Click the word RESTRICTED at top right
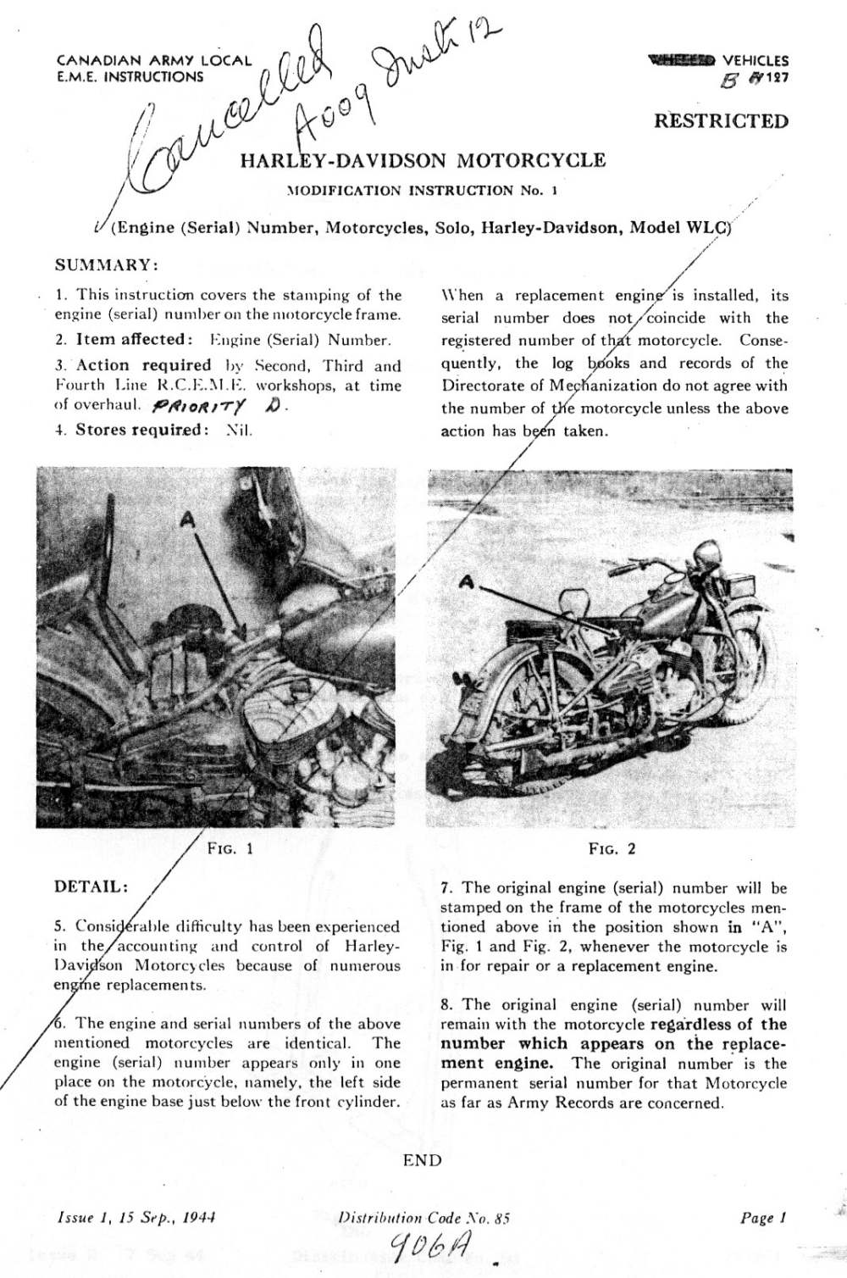721,121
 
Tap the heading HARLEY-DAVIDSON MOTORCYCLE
423,161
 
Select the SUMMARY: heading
107,264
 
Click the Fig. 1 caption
230,847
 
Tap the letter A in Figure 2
465,581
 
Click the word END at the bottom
422,1160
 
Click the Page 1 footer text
763,1218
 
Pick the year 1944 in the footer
199,1218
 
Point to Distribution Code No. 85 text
423,1218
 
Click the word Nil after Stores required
240,430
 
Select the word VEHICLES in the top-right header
756,61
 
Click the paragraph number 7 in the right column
446,888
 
